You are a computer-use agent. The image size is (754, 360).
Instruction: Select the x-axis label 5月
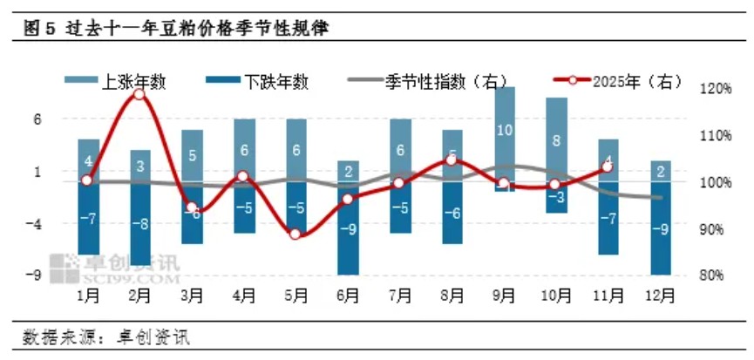[x=295, y=295]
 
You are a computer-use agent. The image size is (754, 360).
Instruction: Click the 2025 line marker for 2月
[x=139, y=94]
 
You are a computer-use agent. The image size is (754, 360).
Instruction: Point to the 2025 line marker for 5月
[x=295, y=234]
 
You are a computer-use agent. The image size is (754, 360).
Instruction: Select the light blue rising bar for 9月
[x=504, y=131]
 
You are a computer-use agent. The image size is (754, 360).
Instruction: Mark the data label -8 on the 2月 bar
[x=139, y=223]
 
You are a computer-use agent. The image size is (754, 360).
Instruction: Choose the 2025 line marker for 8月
[x=452, y=160]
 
